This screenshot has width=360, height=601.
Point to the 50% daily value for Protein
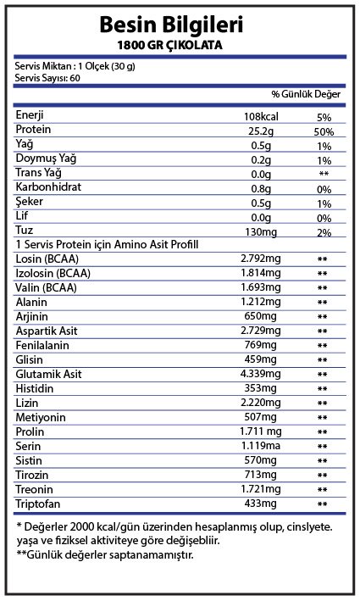point(322,132)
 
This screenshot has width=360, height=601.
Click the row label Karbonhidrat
point(49,187)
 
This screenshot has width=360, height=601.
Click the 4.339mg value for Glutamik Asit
point(259,375)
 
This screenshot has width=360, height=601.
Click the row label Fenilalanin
point(43,346)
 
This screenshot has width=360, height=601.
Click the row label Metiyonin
point(41,418)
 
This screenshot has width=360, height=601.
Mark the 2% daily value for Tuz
point(322,231)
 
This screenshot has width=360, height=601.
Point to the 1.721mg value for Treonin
point(259,490)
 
